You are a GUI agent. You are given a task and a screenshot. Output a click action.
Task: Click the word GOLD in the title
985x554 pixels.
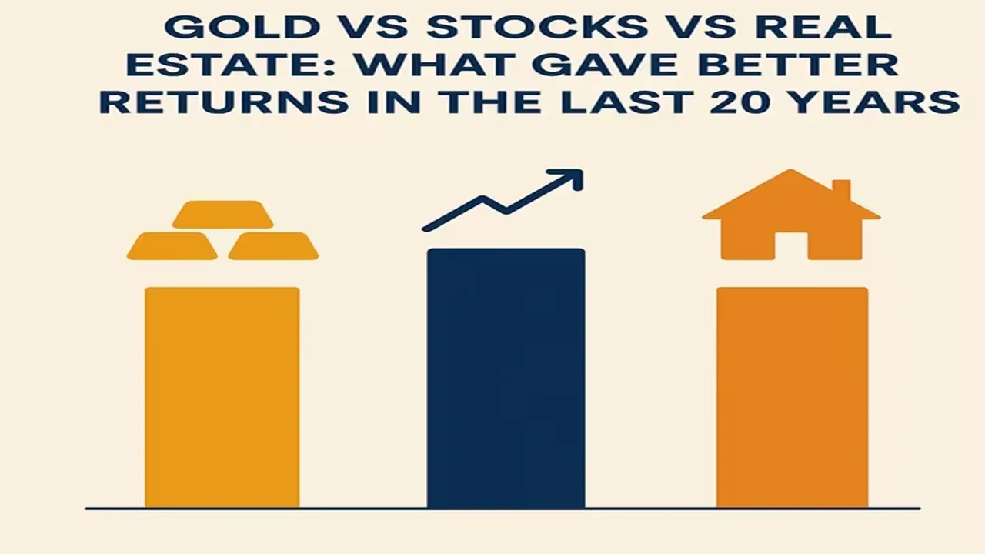tap(242, 26)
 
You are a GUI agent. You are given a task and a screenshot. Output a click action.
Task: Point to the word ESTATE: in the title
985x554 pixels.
tap(230, 64)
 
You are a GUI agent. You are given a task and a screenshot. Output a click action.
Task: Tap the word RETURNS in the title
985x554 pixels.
tap(224, 102)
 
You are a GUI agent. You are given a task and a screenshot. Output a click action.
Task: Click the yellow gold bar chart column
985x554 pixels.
tap(222, 398)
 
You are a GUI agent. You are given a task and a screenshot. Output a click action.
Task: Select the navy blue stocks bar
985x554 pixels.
tap(506, 378)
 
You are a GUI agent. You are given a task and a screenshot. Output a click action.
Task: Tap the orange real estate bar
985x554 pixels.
tap(793, 398)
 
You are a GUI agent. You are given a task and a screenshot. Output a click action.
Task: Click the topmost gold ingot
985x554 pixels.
tap(222, 215)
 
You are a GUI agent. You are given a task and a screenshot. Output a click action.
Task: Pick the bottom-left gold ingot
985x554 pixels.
tap(172, 245)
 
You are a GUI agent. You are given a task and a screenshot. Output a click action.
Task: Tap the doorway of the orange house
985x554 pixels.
tap(792, 246)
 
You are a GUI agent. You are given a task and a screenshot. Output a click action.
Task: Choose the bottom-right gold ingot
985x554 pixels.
tap(273, 245)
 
